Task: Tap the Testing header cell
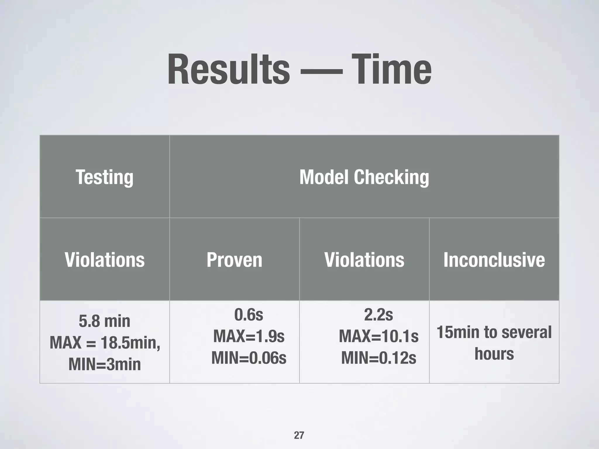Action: [104, 177]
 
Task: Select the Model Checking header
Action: [364, 177]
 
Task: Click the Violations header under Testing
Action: [104, 260]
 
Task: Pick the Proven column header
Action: [234, 260]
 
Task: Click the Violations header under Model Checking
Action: [364, 260]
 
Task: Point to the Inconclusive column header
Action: [494, 260]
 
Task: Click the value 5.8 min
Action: [104, 321]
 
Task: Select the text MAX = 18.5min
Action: [104, 342]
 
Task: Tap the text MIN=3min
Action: [104, 364]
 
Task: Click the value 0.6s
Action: [249, 315]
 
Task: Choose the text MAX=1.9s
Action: [249, 336]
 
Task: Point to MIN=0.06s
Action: [249, 358]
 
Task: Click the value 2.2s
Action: [378, 315]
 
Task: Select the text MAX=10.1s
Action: [378, 336]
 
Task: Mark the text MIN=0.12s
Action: [378, 358]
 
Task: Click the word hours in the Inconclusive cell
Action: [494, 354]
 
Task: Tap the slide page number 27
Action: [299, 435]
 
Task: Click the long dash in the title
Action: [321, 71]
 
